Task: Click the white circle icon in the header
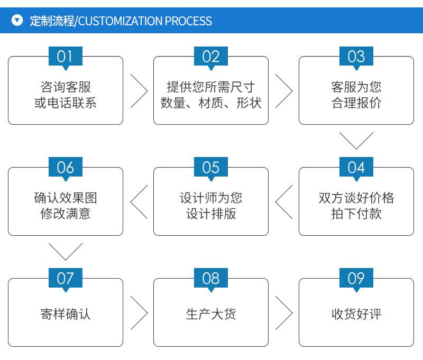(17, 20)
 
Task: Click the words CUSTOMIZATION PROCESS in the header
(145, 21)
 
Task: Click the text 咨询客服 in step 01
(66, 87)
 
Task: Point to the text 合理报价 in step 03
(356, 103)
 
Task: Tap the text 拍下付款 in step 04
(356, 214)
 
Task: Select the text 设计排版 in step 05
(211, 214)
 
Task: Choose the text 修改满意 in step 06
(66, 214)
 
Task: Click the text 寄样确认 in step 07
(66, 314)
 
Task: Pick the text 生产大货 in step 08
(211, 314)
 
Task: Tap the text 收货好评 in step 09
(356, 314)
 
